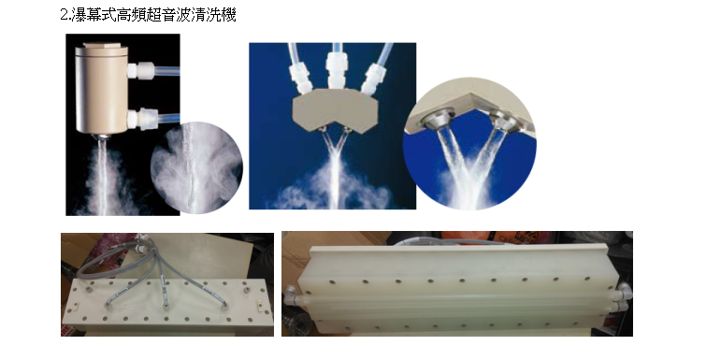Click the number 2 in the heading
pyautogui.click(x=64, y=15)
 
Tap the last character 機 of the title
pyautogui.click(x=230, y=15)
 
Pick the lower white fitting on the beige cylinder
pyautogui.click(x=140, y=119)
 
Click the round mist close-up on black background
pyautogui.click(x=196, y=167)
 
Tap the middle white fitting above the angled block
pyautogui.click(x=336, y=69)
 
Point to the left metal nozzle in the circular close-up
pyautogui.click(x=435, y=120)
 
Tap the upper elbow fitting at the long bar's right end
pyautogui.click(x=625, y=291)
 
